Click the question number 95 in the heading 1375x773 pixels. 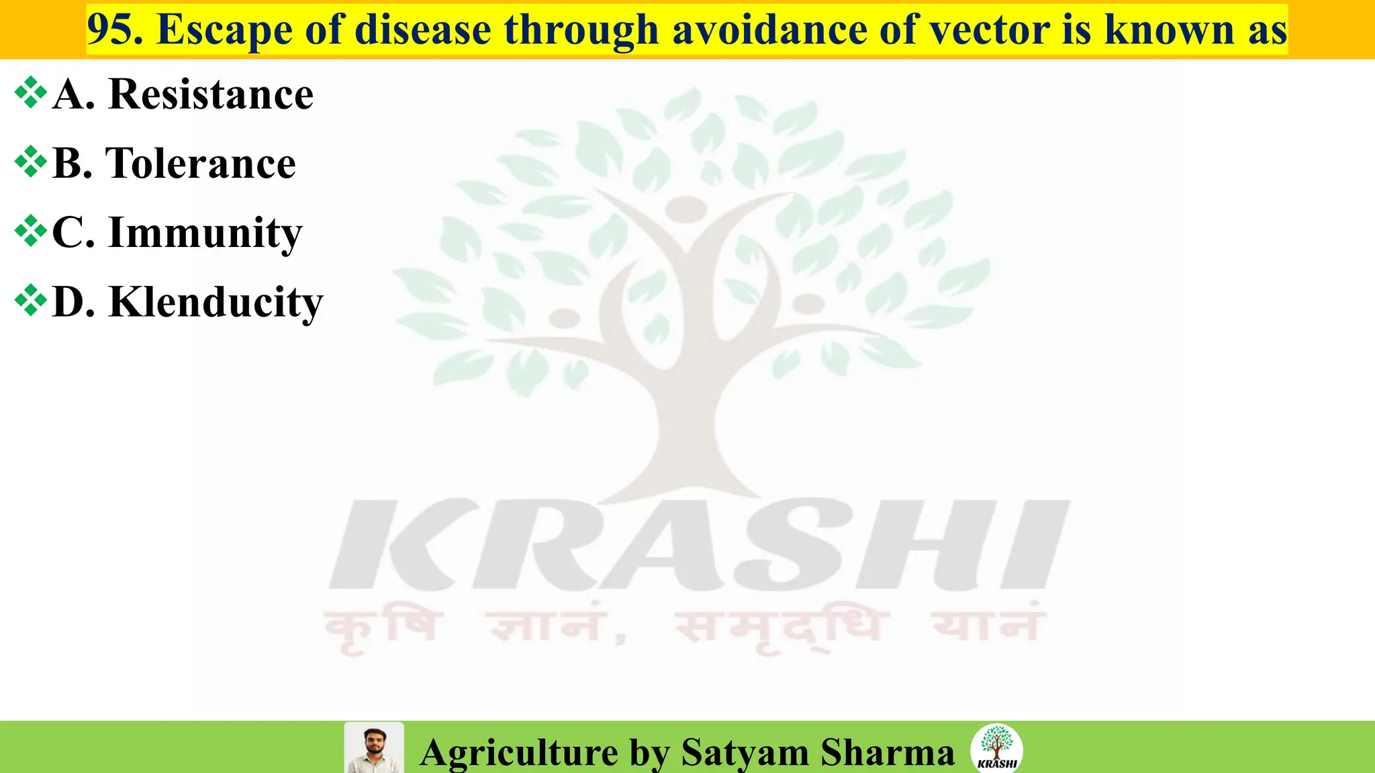coord(114,30)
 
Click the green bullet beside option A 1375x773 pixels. coord(31,93)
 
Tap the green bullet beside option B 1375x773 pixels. coord(31,162)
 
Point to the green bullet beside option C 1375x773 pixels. coord(31,231)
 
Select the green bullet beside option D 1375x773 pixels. coord(31,301)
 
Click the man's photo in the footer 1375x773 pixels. coord(374,748)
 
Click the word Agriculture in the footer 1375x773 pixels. coord(519,752)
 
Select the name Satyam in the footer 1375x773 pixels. coord(745,752)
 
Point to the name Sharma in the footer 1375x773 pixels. coord(887,752)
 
